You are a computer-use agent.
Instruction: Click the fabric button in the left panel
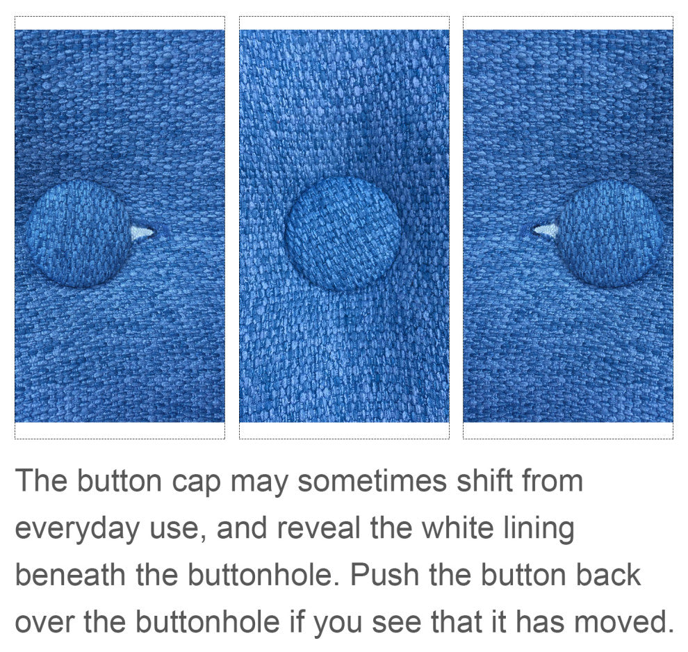click(78, 234)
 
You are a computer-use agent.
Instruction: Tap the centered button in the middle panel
click(343, 234)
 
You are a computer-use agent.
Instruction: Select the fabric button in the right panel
click(610, 234)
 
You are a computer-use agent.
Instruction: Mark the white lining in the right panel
click(546, 231)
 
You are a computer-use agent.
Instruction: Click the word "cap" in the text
click(196, 482)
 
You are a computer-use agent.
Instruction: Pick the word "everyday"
click(77, 528)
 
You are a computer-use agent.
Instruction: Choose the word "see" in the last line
click(396, 623)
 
